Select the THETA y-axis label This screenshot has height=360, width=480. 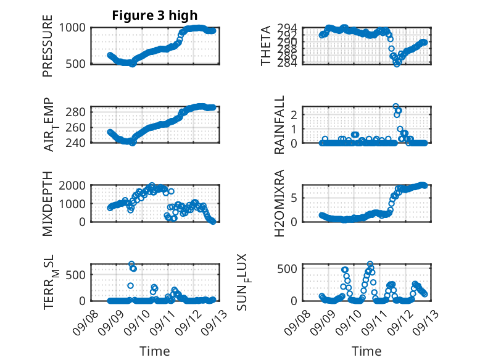[266, 46]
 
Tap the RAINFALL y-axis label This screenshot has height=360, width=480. [279, 125]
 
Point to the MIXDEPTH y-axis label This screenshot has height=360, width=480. [48, 204]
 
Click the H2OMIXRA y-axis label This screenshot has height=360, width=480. [279, 203]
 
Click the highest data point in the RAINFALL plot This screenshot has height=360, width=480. [395, 106]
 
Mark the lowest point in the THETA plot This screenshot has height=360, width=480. [397, 64]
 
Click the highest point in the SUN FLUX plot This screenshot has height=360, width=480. [370, 264]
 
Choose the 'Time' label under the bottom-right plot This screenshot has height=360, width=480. [366, 351]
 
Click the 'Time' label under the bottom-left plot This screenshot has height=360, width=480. [155, 351]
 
